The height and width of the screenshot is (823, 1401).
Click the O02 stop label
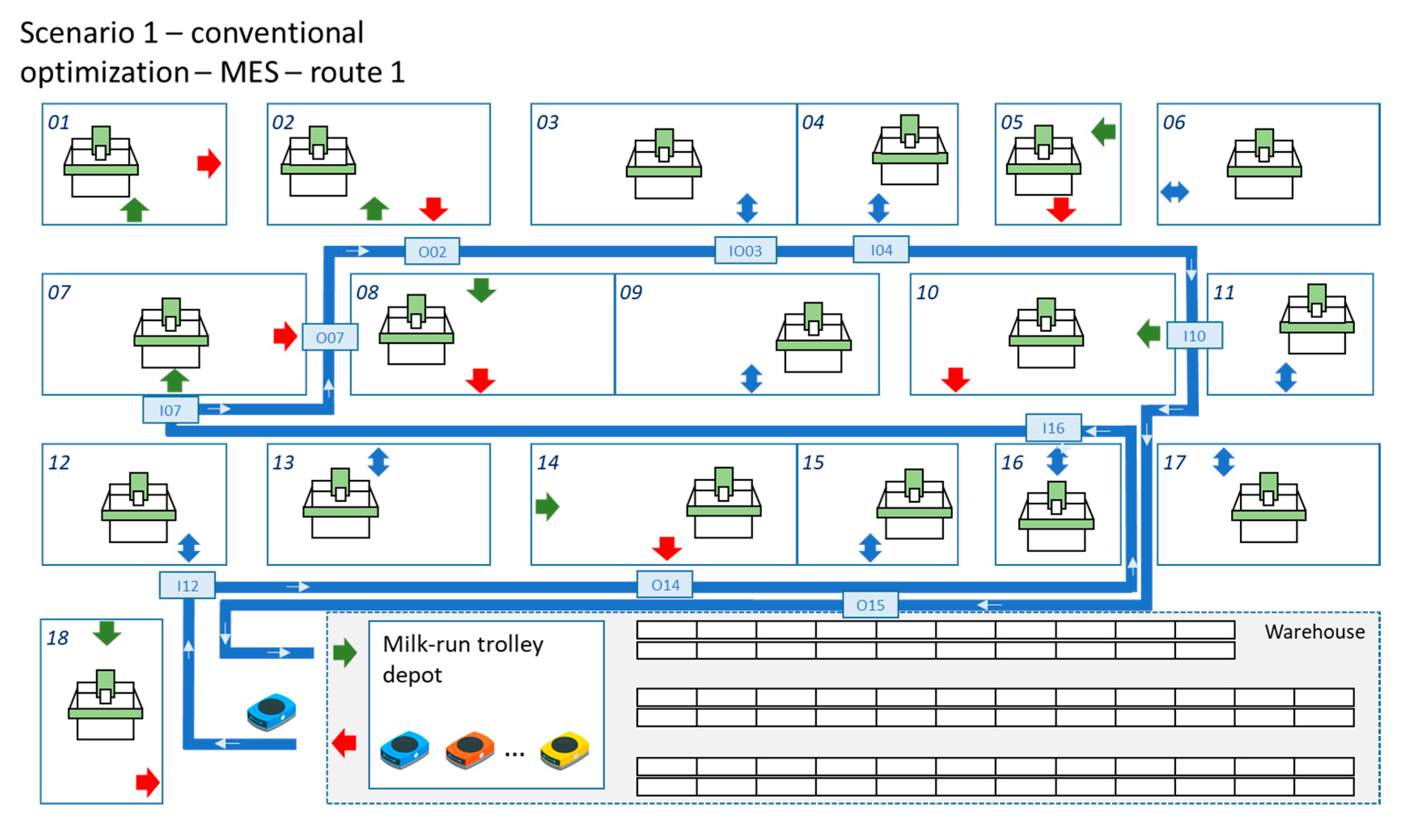[x=432, y=252]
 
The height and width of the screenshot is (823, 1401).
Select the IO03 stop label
[x=745, y=251]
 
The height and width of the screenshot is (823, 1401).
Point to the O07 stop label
[x=330, y=337]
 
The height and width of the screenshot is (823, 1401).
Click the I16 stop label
[x=1053, y=427]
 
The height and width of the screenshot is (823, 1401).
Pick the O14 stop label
[x=665, y=584]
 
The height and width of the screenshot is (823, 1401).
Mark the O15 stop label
[x=870, y=605]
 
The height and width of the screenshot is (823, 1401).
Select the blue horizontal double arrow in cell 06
[x=1174, y=193]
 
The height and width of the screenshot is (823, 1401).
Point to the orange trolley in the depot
[x=470, y=750]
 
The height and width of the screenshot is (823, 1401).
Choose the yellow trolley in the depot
[x=564, y=750]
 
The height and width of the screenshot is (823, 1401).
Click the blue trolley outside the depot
[x=271, y=711]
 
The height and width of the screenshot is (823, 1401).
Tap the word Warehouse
[x=1314, y=632]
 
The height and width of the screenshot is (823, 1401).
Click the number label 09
[x=631, y=292]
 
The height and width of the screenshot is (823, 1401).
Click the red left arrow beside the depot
[x=344, y=743]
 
